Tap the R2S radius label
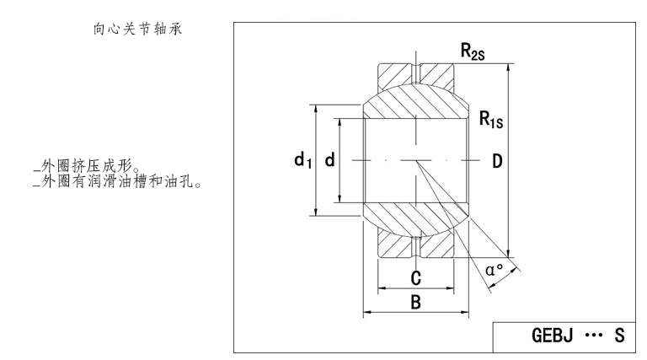[x=473, y=51]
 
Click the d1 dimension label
[x=302, y=160]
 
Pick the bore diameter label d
[x=329, y=160]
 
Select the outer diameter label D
[x=497, y=160]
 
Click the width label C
[x=415, y=277]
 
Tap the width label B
[x=415, y=303]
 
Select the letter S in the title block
[x=619, y=336]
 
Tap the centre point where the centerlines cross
[x=415, y=160]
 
